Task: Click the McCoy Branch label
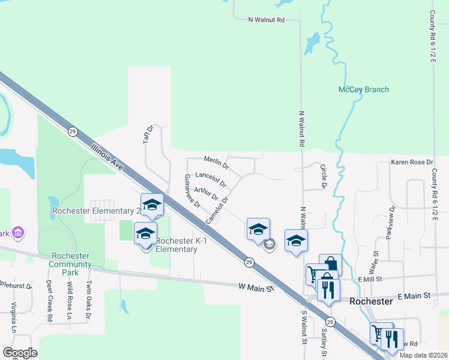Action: pos(364,90)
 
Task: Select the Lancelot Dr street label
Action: pos(211,179)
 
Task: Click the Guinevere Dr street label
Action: pos(192,191)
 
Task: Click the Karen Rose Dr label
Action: pos(412,163)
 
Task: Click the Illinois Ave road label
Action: pos(107,156)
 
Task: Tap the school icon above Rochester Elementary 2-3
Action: pos(152,205)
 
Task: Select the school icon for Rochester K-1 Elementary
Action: pos(145,234)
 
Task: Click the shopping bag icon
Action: pos(330,265)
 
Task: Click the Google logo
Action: pos(20,353)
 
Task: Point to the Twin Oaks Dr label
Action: pos(88,296)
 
